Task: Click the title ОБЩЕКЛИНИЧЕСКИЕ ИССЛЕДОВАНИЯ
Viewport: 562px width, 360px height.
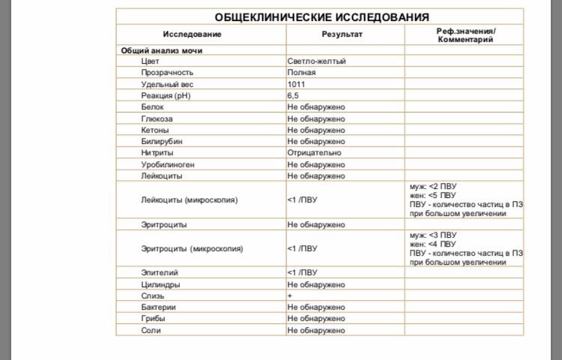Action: pyautogui.click(x=322, y=17)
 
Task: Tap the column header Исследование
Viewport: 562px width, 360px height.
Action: pyautogui.click(x=193, y=34)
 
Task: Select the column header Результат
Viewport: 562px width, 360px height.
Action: pyautogui.click(x=342, y=34)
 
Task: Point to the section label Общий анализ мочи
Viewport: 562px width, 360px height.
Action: pyautogui.click(x=162, y=50)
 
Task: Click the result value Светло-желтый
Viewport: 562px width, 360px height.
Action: pyautogui.click(x=316, y=61)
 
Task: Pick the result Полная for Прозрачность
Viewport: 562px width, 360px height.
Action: pyautogui.click(x=301, y=73)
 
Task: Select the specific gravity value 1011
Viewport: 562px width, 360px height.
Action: pyautogui.click(x=296, y=84)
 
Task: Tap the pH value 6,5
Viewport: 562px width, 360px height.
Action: pyautogui.click(x=293, y=96)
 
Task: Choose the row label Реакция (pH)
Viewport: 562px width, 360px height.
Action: pyautogui.click(x=167, y=96)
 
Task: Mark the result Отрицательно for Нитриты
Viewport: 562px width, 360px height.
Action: pyautogui.click(x=314, y=152)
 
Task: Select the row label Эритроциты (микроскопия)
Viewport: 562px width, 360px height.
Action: pyautogui.click(x=192, y=248)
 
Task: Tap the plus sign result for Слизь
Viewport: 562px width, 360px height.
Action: pyautogui.click(x=289, y=296)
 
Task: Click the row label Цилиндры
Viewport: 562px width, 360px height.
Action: pyautogui.click(x=160, y=285)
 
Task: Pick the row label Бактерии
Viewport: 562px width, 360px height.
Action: pyautogui.click(x=158, y=307)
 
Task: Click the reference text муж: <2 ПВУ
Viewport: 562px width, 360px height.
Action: pyautogui.click(x=433, y=186)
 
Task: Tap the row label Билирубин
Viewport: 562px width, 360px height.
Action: pyautogui.click(x=162, y=141)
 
